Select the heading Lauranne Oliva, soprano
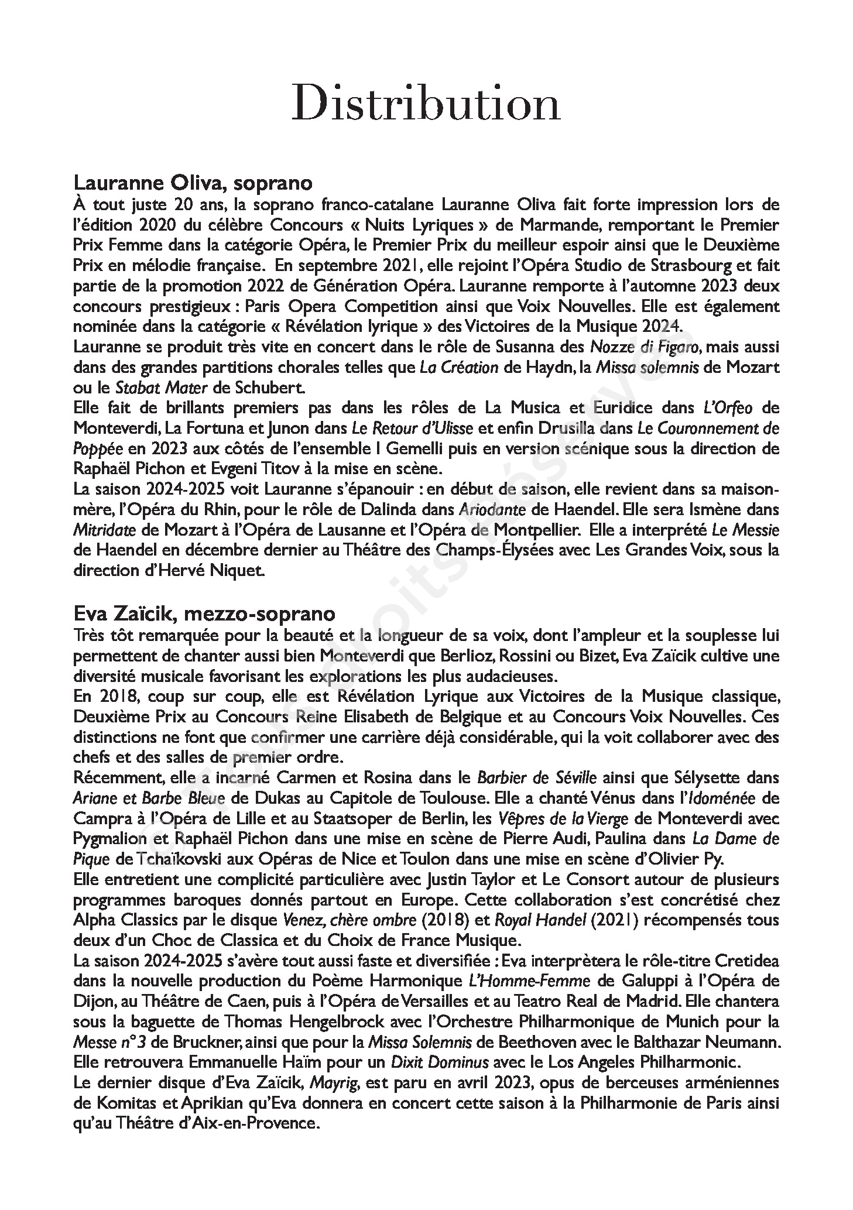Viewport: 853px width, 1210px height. pos(193,183)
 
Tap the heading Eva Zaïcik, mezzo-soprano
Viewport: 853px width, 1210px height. pos(204,613)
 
